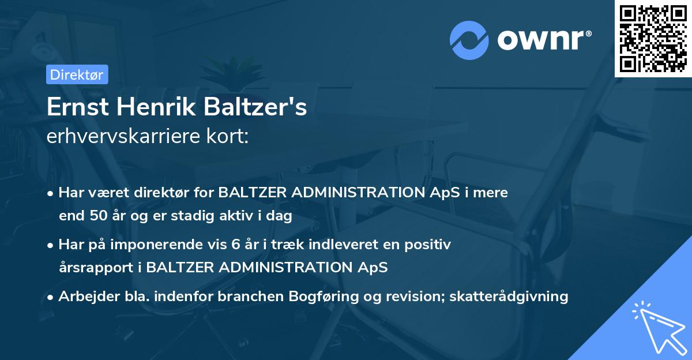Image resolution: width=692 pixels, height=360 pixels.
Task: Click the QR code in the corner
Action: [x=653, y=38]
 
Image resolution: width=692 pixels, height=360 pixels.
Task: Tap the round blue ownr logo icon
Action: [x=470, y=40]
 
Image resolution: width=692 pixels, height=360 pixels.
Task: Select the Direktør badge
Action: [x=77, y=74]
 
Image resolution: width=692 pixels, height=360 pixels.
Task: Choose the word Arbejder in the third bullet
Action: [x=85, y=297]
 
